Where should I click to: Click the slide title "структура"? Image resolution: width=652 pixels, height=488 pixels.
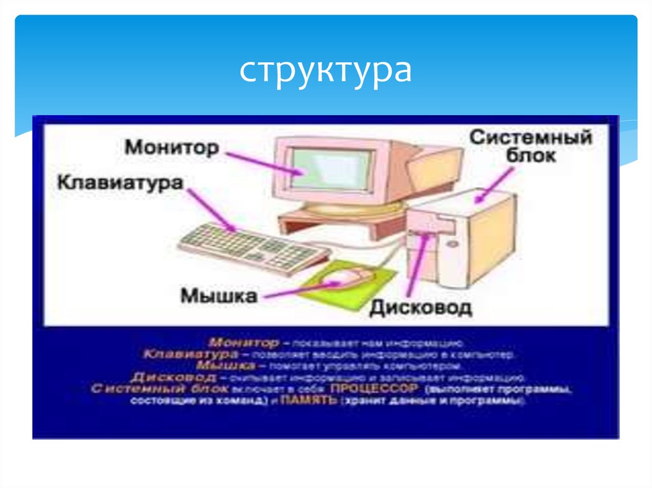[x=325, y=71]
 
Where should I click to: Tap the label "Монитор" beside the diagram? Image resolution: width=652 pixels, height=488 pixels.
[x=172, y=148]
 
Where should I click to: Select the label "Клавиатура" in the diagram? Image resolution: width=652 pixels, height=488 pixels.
[x=120, y=183]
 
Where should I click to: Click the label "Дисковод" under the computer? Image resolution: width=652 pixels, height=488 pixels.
[x=421, y=309]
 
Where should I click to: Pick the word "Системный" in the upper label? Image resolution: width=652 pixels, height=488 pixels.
[x=530, y=137]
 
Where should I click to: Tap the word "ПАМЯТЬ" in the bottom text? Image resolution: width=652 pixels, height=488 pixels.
[x=309, y=401]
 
